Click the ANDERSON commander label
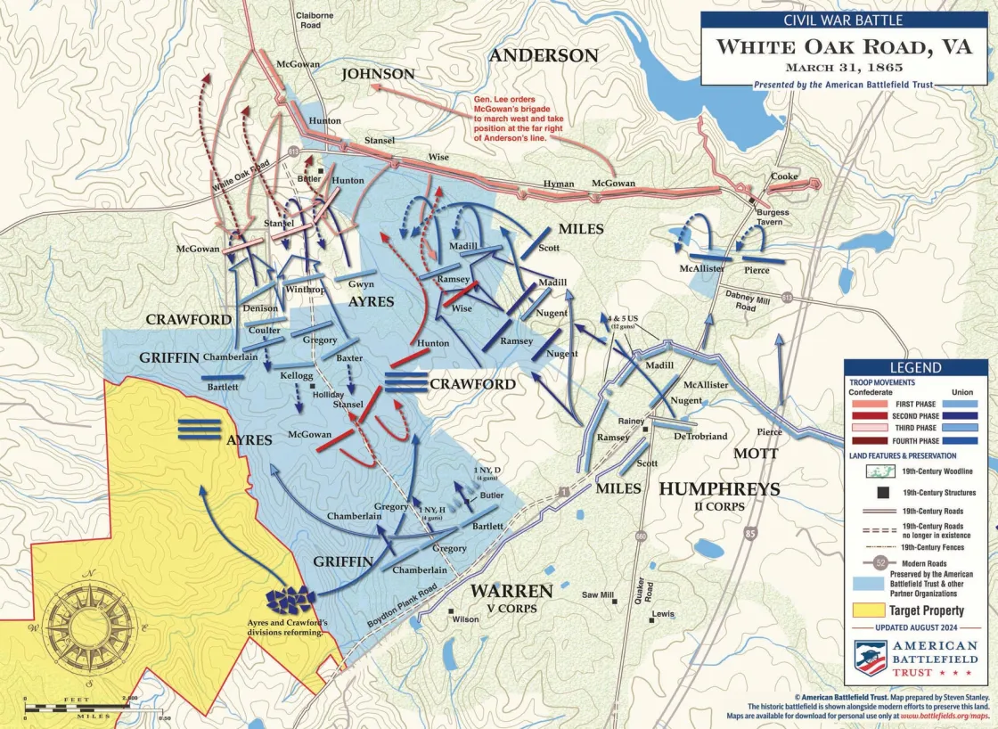544,55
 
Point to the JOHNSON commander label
379,74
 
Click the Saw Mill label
598,594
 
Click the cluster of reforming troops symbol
290,601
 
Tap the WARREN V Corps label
511,596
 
